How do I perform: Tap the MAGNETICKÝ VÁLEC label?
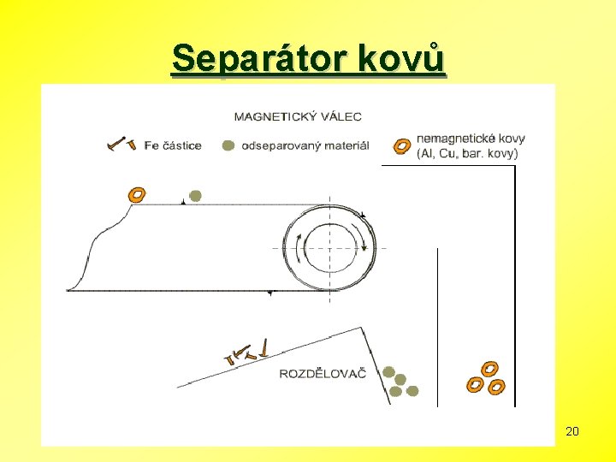click(297, 116)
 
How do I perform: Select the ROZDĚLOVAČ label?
click(323, 373)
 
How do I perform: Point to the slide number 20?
click(572, 431)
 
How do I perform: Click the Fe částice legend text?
click(173, 145)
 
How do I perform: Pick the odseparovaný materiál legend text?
click(305, 145)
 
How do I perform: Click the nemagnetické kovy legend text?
click(471, 138)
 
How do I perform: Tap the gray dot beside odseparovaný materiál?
click(228, 145)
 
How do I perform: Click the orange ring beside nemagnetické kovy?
click(400, 145)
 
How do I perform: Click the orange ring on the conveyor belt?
click(135, 195)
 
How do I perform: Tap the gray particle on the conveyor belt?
click(195, 196)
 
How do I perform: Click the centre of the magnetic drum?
click(329, 247)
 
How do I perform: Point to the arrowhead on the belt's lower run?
click(270, 293)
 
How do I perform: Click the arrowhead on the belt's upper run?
click(184, 203)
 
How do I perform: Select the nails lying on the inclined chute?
click(248, 351)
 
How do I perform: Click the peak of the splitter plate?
click(363, 328)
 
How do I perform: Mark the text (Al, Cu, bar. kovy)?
click(467, 154)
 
